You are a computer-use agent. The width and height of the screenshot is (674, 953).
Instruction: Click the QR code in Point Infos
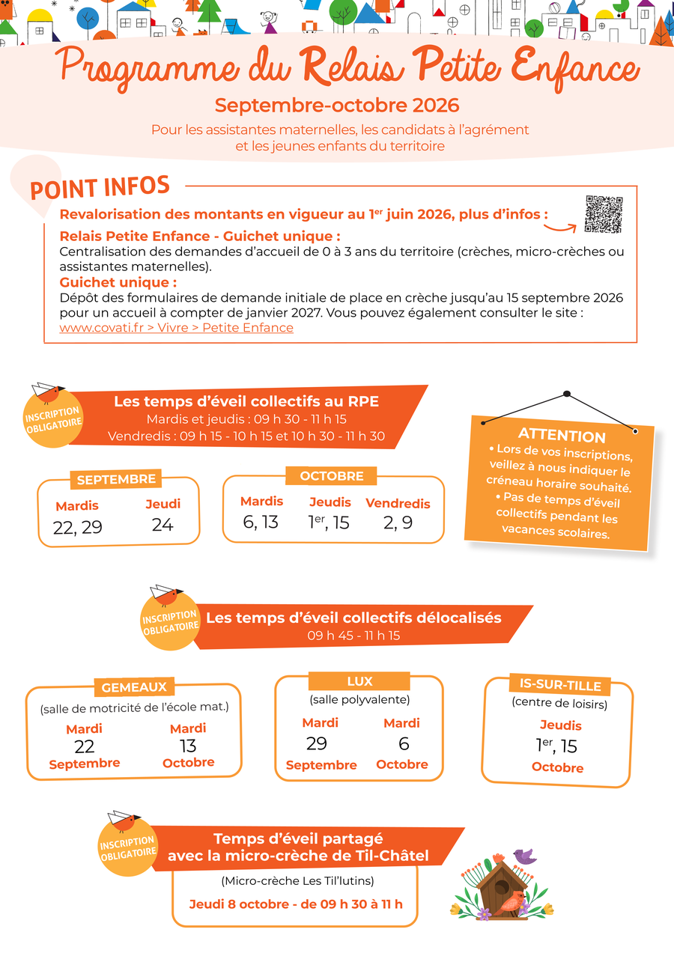pos(604,214)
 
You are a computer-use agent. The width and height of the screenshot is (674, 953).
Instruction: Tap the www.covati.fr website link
pos(176,328)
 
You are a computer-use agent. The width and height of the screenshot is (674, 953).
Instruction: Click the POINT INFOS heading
pos(100,188)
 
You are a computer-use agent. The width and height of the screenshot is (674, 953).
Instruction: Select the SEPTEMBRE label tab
pos(116,479)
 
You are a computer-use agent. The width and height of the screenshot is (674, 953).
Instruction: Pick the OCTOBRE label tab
pos(332,476)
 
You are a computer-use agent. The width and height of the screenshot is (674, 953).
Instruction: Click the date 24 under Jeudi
pos(163,525)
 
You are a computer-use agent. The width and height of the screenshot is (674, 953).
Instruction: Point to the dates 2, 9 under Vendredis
pos(398,523)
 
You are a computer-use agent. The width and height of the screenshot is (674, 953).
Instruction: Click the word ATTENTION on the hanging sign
pos(562,435)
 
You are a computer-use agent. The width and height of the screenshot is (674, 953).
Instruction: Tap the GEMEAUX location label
pos(134,687)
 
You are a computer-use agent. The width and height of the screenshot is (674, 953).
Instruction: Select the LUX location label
pos(359,681)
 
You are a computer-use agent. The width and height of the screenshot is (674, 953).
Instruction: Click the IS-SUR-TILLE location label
pos(560,686)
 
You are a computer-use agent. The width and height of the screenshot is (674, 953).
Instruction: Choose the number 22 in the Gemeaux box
pos(84,746)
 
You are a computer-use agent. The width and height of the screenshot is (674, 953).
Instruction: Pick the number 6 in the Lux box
pos(404,744)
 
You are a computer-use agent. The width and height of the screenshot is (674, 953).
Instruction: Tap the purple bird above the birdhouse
pos(525,856)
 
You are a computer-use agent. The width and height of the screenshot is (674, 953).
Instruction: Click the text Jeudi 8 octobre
pos(239,904)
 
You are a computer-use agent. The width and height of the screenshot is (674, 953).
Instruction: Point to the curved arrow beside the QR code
pos(560,228)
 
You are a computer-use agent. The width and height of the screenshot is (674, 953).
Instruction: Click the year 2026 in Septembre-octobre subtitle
pos(436,106)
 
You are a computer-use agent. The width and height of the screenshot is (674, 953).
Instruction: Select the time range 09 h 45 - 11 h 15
pos(353,636)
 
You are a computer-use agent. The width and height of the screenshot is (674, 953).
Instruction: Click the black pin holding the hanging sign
pos(567,394)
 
